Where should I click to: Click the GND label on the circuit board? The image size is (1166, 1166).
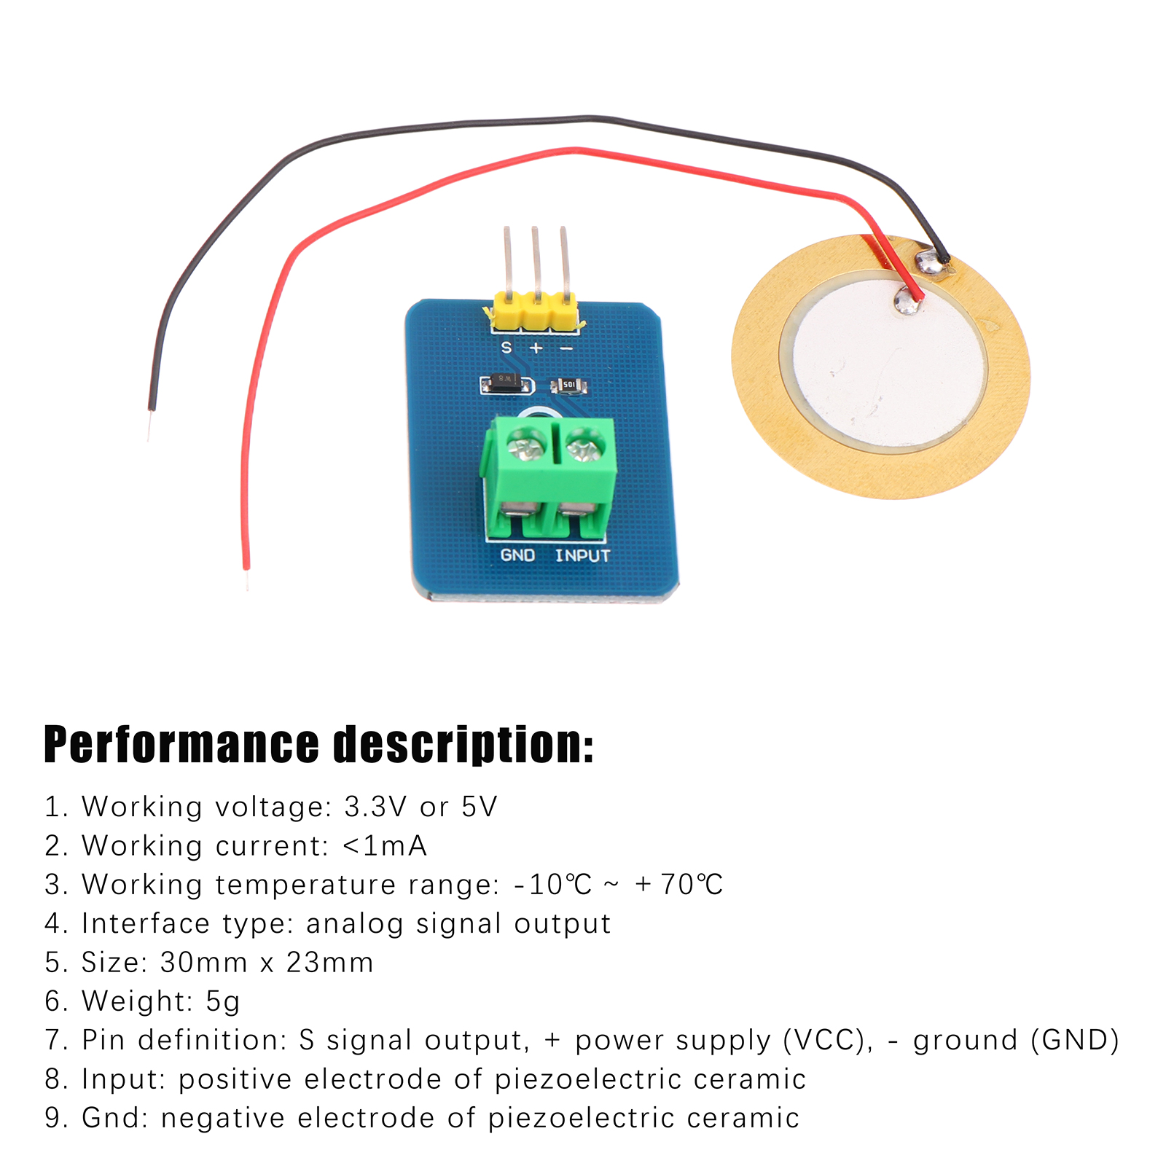517,555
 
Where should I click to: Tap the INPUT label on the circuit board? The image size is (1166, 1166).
582,555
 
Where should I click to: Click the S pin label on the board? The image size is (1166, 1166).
506,348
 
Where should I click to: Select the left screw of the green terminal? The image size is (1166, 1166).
526,445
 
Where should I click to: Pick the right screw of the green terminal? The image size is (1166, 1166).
584,445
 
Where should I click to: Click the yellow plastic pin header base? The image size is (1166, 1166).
536,309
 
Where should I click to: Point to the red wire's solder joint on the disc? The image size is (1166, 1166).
907,300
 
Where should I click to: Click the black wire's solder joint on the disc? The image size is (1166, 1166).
929,262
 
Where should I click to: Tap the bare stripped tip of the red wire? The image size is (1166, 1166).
247,579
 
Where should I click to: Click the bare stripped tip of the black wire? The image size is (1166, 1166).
150,426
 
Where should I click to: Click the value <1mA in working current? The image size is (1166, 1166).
384,846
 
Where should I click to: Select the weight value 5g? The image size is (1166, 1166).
222,1002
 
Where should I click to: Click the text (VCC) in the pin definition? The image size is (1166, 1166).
828,1041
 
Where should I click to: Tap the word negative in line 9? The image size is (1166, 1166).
223,1119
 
